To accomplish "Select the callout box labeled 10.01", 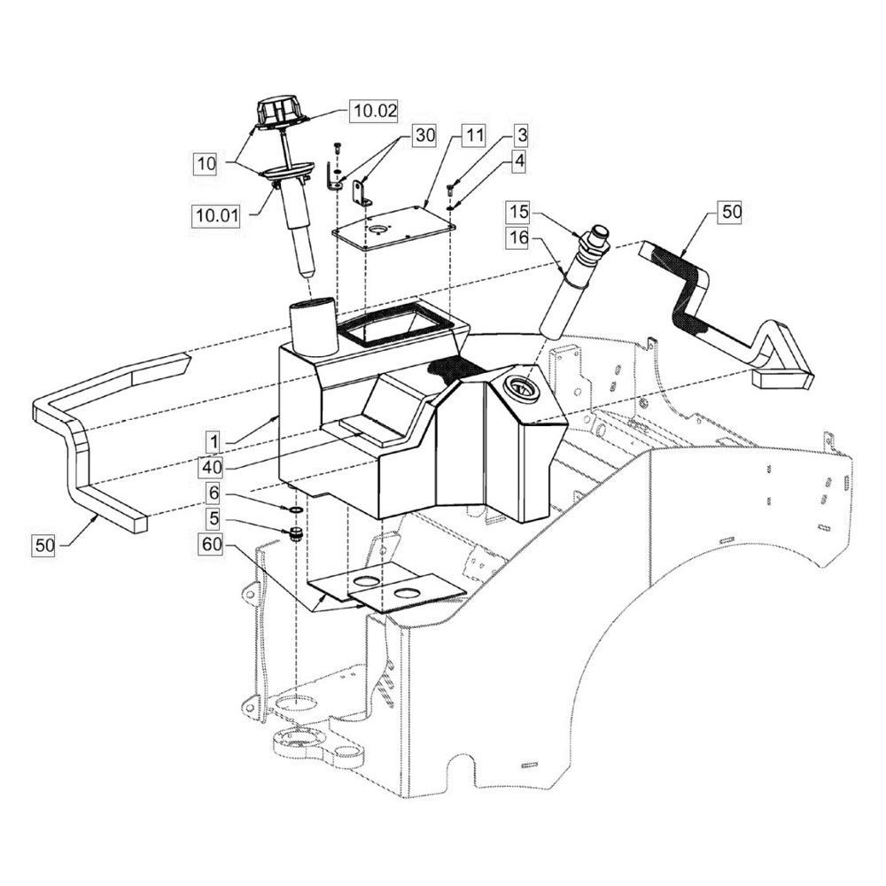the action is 217,215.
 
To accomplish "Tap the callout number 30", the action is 425,136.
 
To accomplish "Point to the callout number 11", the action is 475,136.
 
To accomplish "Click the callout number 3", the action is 521,136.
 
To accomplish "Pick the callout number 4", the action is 519,161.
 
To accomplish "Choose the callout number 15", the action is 518,212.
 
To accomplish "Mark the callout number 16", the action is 518,237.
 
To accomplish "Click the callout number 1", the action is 214,442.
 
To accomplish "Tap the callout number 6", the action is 214,494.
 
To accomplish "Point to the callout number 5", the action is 214,518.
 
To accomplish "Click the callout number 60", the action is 212,545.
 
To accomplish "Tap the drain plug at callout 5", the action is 294,533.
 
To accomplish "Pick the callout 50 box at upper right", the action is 731,212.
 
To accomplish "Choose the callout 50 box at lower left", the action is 44,545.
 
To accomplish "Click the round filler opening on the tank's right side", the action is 520,388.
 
